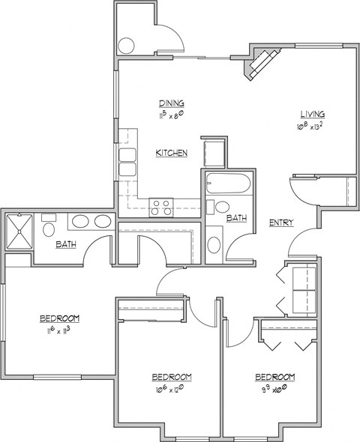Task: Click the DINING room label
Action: [172, 103]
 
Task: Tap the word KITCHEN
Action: [171, 153]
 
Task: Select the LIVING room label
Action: [313, 114]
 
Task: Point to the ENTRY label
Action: [280, 222]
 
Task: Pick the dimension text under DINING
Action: [172, 115]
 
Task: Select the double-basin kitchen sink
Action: [127, 162]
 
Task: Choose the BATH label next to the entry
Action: [237, 218]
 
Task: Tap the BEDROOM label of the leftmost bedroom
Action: [60, 318]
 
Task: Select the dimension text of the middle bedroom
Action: [172, 389]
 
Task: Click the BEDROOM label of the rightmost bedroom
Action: [274, 376]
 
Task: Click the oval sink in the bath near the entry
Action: [214, 245]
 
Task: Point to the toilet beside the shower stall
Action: [49, 224]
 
